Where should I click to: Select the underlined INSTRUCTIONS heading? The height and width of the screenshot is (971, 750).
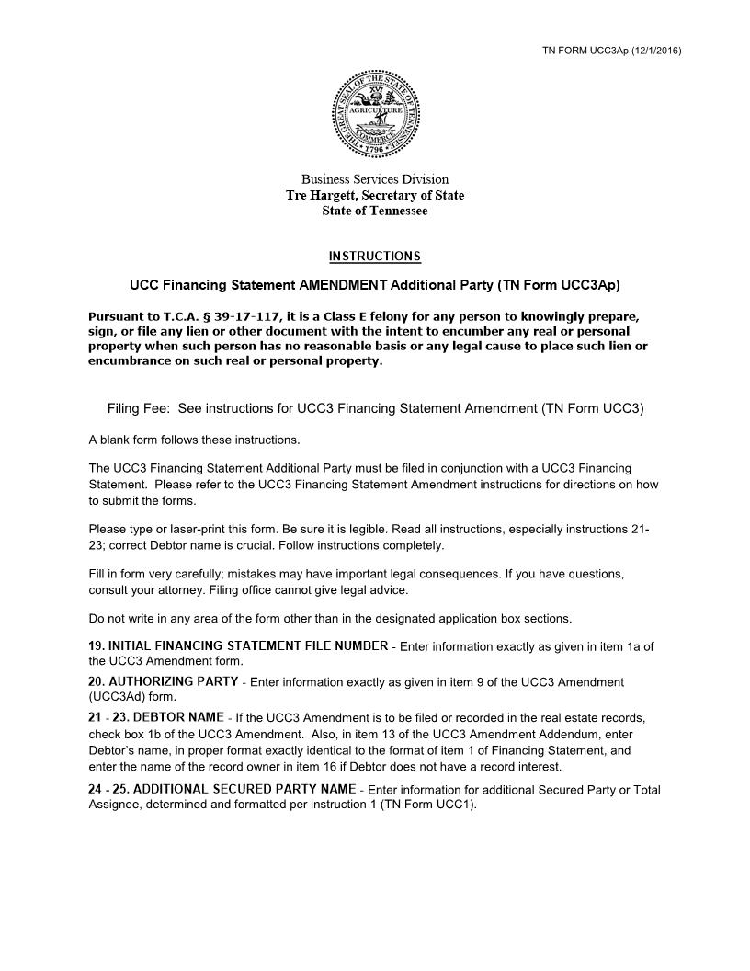(x=375, y=256)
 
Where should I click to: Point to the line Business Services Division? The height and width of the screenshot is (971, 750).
(x=375, y=179)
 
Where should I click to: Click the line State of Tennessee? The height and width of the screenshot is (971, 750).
(x=375, y=211)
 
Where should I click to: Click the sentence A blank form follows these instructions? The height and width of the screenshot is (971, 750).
(x=194, y=439)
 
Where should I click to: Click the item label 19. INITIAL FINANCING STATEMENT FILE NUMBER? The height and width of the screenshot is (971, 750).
(x=238, y=645)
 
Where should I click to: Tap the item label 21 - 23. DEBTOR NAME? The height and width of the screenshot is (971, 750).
(x=156, y=716)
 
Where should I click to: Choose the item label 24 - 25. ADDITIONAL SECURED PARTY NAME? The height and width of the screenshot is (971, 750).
(x=222, y=789)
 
